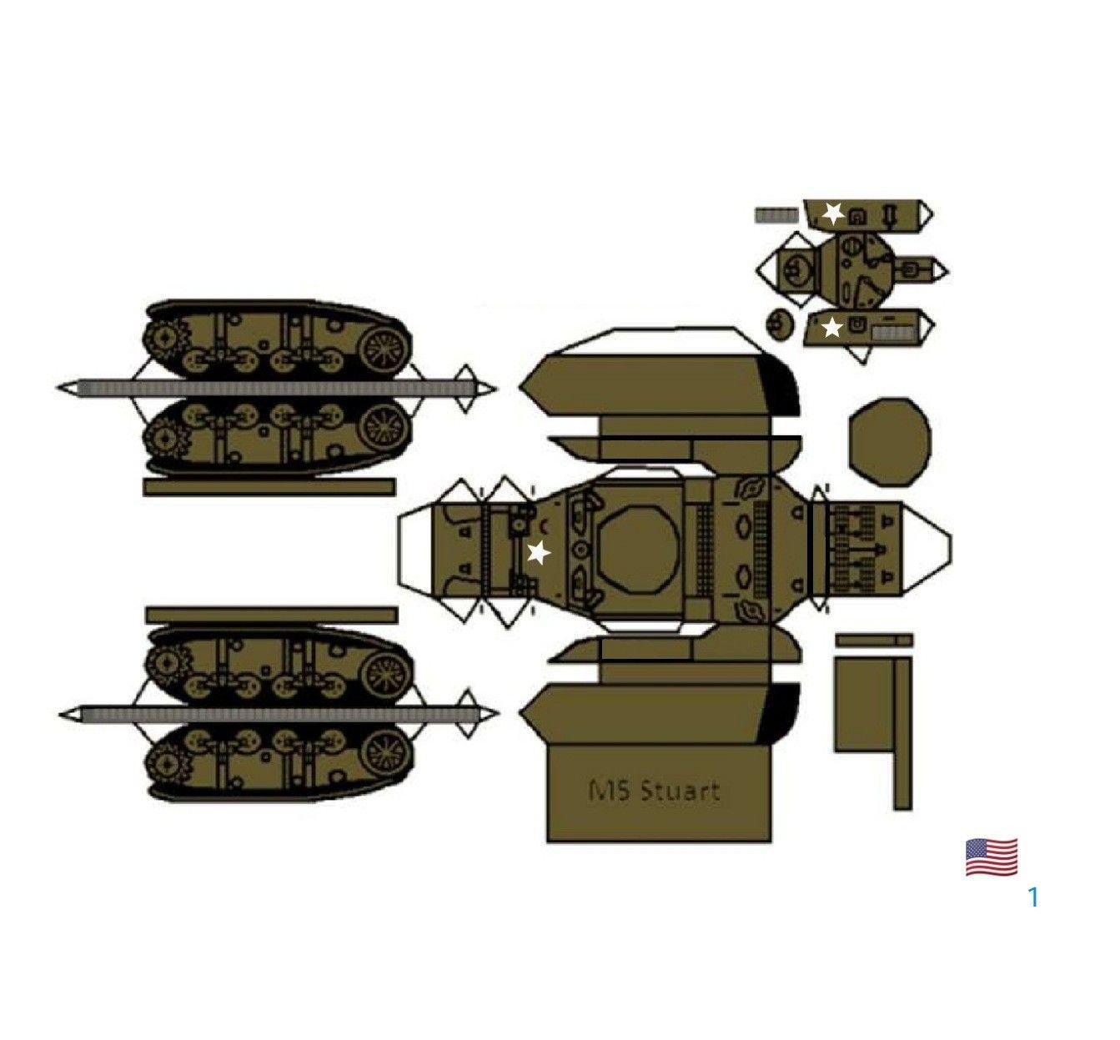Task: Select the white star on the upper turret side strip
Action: coord(833,214)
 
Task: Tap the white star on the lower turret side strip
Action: coord(832,328)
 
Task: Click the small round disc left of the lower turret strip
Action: coord(780,324)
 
